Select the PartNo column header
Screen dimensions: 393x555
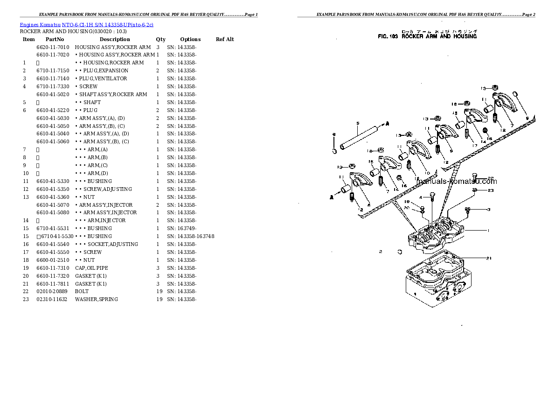[55, 40]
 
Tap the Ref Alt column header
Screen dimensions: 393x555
[225, 40]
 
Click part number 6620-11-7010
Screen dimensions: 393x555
[53, 47]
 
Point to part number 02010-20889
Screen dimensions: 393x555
[52, 291]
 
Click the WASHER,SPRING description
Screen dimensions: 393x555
[96, 299]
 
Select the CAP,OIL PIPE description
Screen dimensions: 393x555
[91, 268]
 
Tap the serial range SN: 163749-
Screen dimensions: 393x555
[181, 228]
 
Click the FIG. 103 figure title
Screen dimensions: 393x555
[427, 36]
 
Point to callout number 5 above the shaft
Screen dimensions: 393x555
[357, 123]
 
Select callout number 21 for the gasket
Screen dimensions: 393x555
[489, 258]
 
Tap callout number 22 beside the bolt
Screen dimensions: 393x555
[491, 178]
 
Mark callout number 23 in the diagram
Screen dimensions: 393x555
[491, 190]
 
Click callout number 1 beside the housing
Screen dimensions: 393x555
[488, 230]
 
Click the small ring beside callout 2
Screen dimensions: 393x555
[400, 252]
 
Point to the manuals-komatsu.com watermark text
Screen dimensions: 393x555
[457, 182]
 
